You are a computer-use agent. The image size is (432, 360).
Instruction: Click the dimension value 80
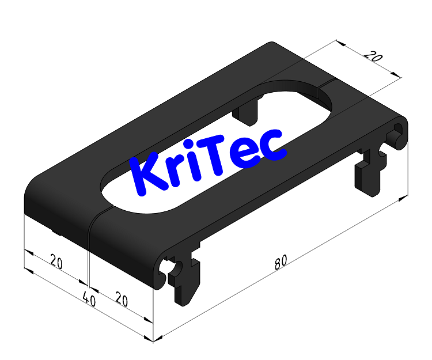(x=281, y=263)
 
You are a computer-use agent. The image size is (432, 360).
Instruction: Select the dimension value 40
(x=89, y=298)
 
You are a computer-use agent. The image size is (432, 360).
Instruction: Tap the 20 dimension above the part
(x=373, y=57)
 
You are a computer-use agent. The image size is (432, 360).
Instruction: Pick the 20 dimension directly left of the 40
(x=56, y=262)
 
